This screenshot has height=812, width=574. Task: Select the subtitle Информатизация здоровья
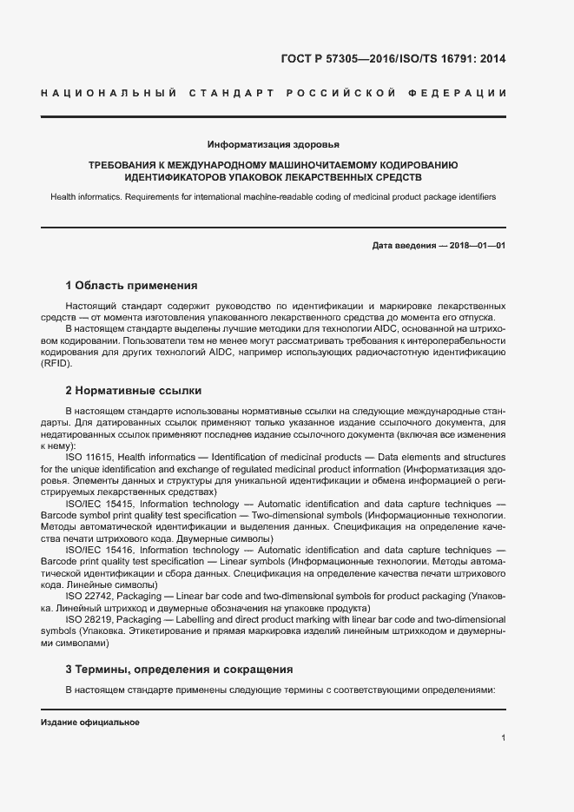click(x=274, y=144)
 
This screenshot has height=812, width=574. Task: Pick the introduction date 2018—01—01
click(x=477, y=246)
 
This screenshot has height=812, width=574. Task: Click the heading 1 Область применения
click(x=131, y=285)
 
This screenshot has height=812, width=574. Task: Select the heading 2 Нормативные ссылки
click(x=133, y=391)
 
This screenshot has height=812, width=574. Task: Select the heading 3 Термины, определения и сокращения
click(x=179, y=670)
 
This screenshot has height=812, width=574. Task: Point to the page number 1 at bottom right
click(x=503, y=738)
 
